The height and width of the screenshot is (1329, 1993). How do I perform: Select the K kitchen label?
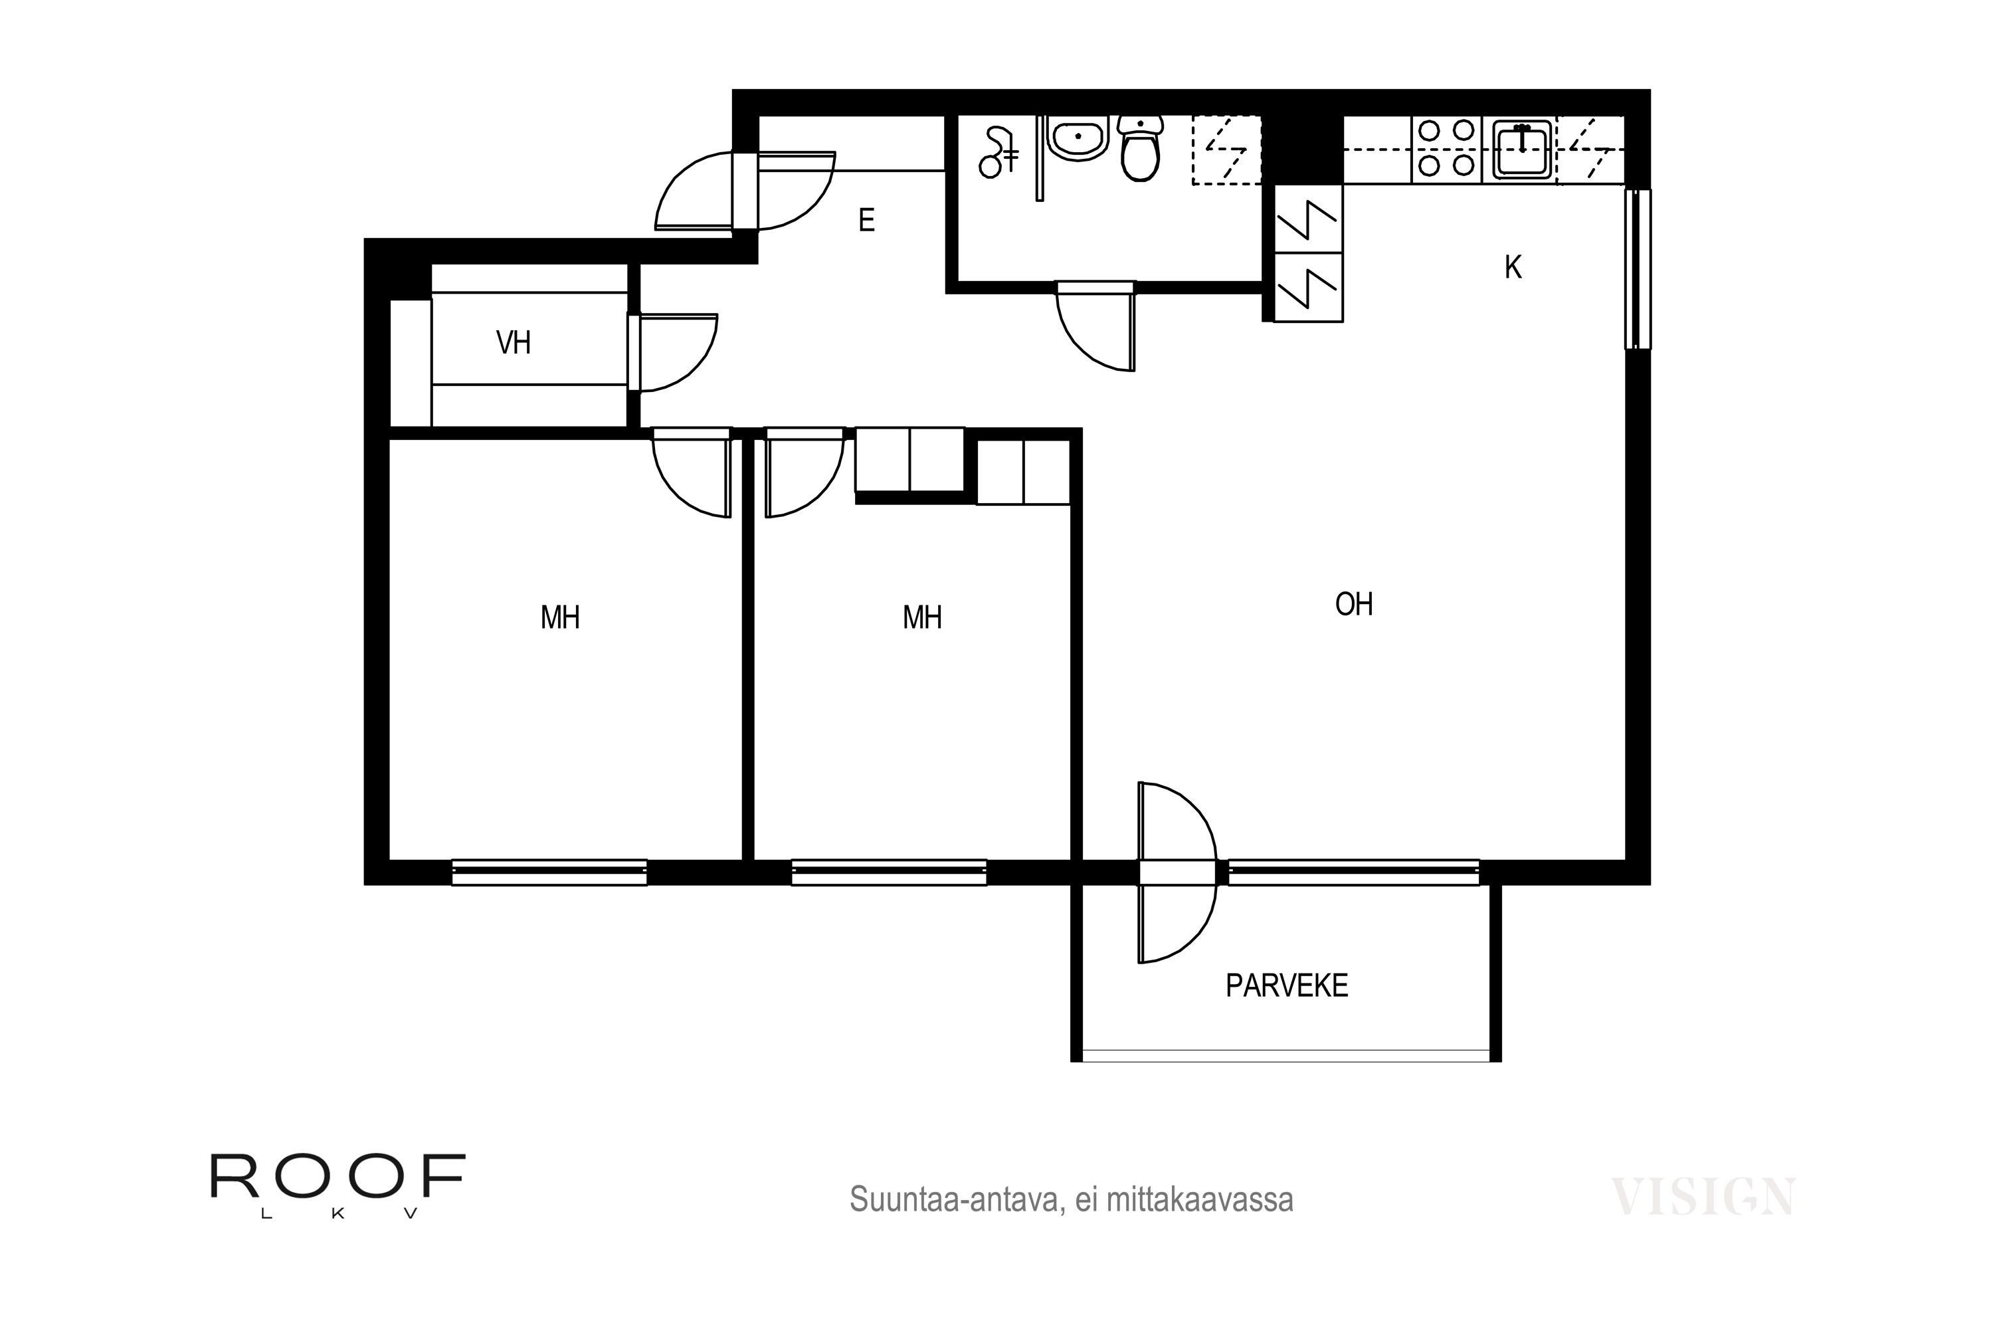click(1513, 268)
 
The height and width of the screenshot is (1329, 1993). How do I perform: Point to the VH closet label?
click(514, 344)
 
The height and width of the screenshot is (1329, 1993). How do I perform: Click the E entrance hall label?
click(866, 221)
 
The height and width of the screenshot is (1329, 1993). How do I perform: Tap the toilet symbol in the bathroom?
click(1140, 150)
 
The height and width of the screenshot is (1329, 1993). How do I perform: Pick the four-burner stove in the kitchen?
click(1446, 148)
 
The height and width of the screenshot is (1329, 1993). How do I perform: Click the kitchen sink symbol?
click(1522, 149)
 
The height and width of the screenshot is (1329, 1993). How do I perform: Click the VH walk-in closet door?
click(674, 353)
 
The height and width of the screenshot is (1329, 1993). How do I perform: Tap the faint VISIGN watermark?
click(1701, 1197)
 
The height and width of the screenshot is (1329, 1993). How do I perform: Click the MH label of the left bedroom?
click(560, 618)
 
